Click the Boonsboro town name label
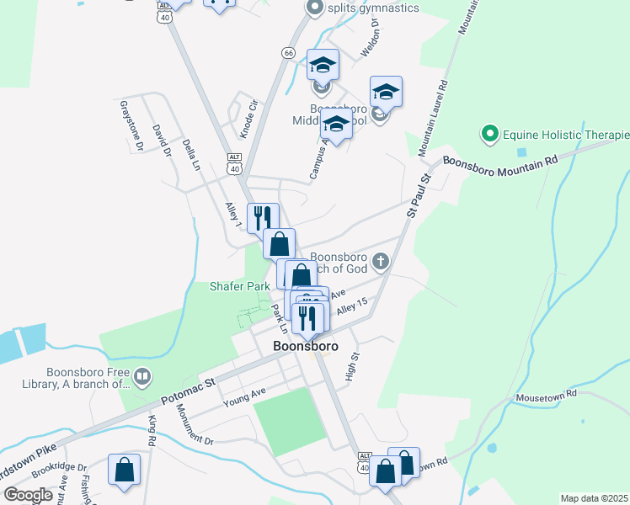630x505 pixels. (305, 346)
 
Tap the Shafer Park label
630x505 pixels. (240, 286)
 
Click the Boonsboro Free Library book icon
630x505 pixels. (142, 375)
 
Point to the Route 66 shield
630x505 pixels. (289, 52)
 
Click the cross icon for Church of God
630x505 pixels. (381, 261)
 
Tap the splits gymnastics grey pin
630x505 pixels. (315, 8)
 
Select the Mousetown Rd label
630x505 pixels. (547, 393)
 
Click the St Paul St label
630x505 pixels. (419, 194)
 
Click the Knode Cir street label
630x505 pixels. (247, 118)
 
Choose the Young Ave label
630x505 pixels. (244, 397)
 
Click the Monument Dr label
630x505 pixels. (195, 423)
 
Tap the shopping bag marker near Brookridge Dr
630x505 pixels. (125, 470)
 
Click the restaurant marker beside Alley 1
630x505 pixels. (262, 217)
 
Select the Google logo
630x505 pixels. (28, 495)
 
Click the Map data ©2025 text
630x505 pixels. (594, 498)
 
